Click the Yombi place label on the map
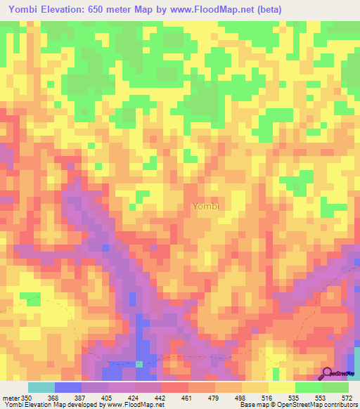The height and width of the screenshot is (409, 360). click(206, 207)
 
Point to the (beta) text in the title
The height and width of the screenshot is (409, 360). click(294, 8)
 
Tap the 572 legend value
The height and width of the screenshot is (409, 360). click(347, 397)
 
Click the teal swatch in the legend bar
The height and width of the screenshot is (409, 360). click(41, 387)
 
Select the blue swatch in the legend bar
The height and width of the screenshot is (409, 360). click(67, 387)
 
